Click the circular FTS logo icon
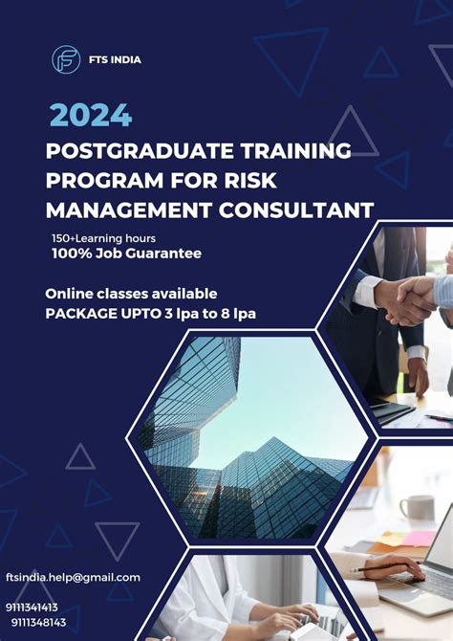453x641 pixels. click(x=66, y=59)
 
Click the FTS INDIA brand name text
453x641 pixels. click(x=116, y=59)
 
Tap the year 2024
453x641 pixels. click(x=91, y=115)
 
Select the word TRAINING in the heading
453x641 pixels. click(x=297, y=150)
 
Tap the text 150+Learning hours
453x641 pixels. click(x=103, y=237)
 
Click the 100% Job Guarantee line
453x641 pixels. click(x=126, y=254)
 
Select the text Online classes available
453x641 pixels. click(x=131, y=293)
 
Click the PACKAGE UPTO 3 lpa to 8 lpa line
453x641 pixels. click(x=151, y=312)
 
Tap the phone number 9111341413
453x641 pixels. click(x=32, y=607)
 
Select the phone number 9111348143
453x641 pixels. click(x=38, y=622)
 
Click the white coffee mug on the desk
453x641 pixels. click(x=419, y=508)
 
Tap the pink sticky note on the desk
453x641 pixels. click(x=421, y=539)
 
